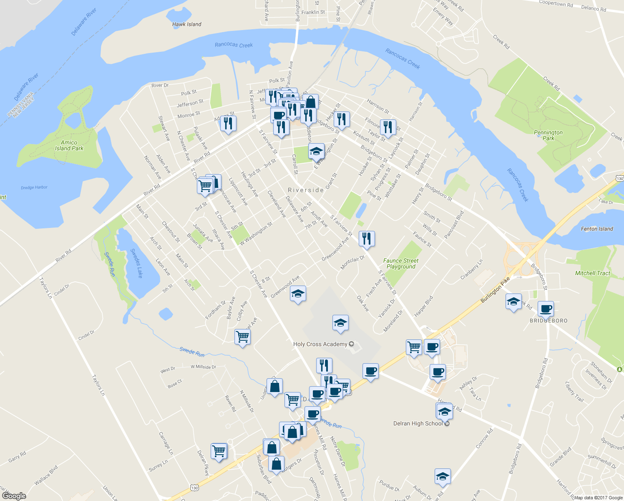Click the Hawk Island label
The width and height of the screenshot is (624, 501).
click(186, 24)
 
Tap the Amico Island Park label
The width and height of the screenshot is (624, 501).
click(69, 145)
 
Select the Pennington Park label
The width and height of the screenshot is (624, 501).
click(548, 135)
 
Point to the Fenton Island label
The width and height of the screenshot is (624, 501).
click(597, 229)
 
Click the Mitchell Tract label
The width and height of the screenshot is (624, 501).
click(592, 273)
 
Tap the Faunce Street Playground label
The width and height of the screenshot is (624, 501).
click(401, 263)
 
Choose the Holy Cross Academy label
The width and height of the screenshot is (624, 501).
click(320, 344)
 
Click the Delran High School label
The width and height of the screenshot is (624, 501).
click(418, 423)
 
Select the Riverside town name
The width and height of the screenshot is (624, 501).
click(306, 190)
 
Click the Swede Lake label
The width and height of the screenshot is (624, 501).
click(137, 263)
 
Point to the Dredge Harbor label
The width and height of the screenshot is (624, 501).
click(34, 187)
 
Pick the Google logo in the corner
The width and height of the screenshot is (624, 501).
click(14, 496)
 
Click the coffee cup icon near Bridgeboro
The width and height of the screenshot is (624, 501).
click(546, 309)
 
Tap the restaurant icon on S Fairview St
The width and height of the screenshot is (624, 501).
click(367, 238)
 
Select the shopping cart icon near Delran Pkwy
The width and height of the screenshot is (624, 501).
click(219, 451)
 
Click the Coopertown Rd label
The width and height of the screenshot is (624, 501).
click(556, 4)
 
